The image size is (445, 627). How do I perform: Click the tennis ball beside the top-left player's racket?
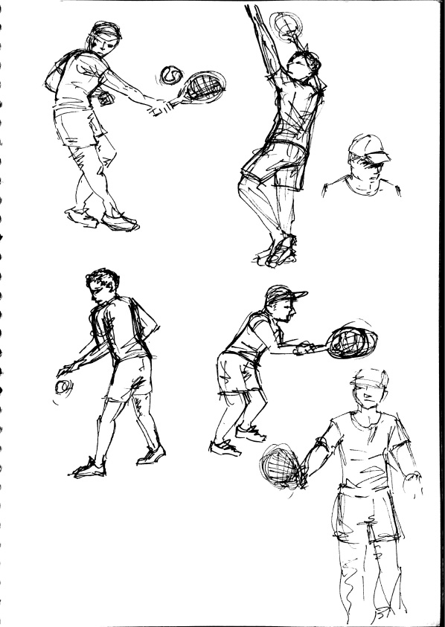click(x=171, y=74)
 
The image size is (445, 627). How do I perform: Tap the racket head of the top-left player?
click(x=204, y=86)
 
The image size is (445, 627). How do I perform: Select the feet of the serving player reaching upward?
click(x=279, y=251)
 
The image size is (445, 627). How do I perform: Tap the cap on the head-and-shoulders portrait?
click(x=368, y=147)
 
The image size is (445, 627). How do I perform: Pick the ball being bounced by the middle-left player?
click(x=63, y=387)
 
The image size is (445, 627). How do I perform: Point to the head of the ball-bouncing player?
click(x=103, y=285)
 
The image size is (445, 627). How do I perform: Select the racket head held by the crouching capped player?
click(x=350, y=341)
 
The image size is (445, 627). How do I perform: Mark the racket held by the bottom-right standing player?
click(x=281, y=467)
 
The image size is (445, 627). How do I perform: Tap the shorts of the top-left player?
click(x=77, y=126)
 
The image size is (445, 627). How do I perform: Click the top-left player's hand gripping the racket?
click(x=160, y=109)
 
